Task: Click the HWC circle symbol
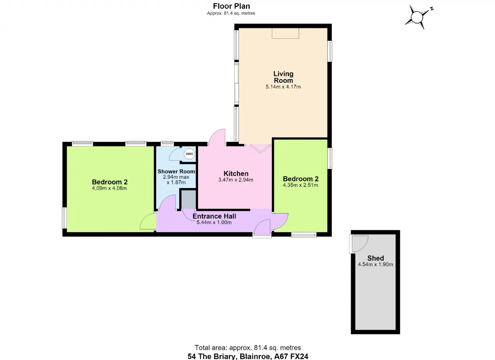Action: tap(189, 154)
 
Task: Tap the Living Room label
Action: tap(283, 77)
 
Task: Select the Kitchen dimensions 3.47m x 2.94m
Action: tap(236, 180)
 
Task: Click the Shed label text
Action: tap(376, 258)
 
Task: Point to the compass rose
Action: tap(417, 17)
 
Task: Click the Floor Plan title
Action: tap(231, 6)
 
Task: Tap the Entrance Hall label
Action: tap(214, 216)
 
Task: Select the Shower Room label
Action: tap(176, 171)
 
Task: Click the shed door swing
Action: tap(359, 244)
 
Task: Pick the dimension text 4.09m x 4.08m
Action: tap(109, 188)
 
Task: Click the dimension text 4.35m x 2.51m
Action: tap(300, 185)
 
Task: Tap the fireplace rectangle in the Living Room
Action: tap(285, 33)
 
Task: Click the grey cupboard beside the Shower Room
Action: tap(189, 199)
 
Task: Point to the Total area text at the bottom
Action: tap(248, 348)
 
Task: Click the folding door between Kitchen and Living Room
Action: tap(261, 149)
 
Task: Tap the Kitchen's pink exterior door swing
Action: tap(217, 137)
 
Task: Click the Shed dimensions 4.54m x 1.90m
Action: tap(376, 264)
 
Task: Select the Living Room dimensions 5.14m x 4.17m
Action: tap(283, 87)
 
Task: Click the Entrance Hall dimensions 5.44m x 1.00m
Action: tap(214, 222)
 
